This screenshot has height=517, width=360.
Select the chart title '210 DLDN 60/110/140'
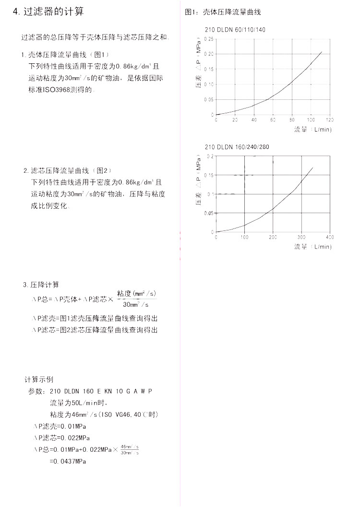(235, 30)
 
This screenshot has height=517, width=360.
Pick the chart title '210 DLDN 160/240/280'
(238, 147)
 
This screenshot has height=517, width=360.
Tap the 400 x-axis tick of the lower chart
(330, 237)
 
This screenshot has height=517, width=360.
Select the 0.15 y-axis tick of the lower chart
(208, 175)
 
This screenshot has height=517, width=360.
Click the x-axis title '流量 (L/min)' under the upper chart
(313, 130)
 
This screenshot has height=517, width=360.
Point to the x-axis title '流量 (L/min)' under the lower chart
(313, 247)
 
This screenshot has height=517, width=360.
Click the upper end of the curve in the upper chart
(322, 51)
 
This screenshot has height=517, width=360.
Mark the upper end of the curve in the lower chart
(313, 168)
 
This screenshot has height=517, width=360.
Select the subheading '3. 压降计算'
(41, 285)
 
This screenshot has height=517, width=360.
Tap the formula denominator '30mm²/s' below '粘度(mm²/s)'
(136, 304)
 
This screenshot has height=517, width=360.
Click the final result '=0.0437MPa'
(68, 461)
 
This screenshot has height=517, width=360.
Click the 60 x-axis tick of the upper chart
(273, 120)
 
